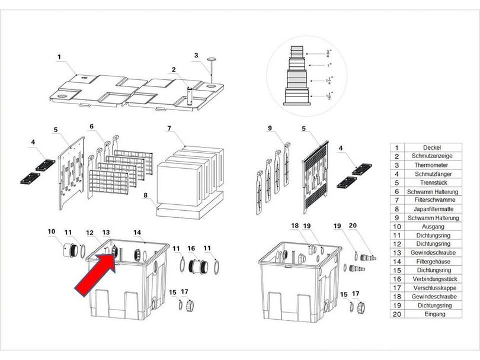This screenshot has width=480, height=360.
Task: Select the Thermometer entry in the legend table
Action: (431, 165)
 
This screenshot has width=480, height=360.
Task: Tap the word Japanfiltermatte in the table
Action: (433, 209)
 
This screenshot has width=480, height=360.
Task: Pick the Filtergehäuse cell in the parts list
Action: (433, 262)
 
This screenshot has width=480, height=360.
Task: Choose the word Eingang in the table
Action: (434, 314)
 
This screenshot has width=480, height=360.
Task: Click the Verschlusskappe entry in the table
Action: (435, 288)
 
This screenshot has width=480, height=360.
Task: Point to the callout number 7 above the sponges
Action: (169, 128)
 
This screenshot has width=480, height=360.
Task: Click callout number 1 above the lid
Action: (59, 57)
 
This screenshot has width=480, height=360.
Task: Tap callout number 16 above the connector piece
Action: (191, 248)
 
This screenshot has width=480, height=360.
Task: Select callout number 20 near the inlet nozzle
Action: (353, 226)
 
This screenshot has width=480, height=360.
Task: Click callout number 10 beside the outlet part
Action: (52, 232)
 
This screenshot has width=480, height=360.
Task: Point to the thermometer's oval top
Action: (211, 59)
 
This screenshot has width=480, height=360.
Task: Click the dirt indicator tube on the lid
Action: (190, 96)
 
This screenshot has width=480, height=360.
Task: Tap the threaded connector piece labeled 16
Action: (197, 266)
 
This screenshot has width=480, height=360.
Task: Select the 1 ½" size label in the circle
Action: (329, 96)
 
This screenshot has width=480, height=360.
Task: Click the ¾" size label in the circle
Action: (329, 54)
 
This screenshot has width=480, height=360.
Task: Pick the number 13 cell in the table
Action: (397, 253)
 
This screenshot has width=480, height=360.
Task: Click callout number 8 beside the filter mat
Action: (145, 195)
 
